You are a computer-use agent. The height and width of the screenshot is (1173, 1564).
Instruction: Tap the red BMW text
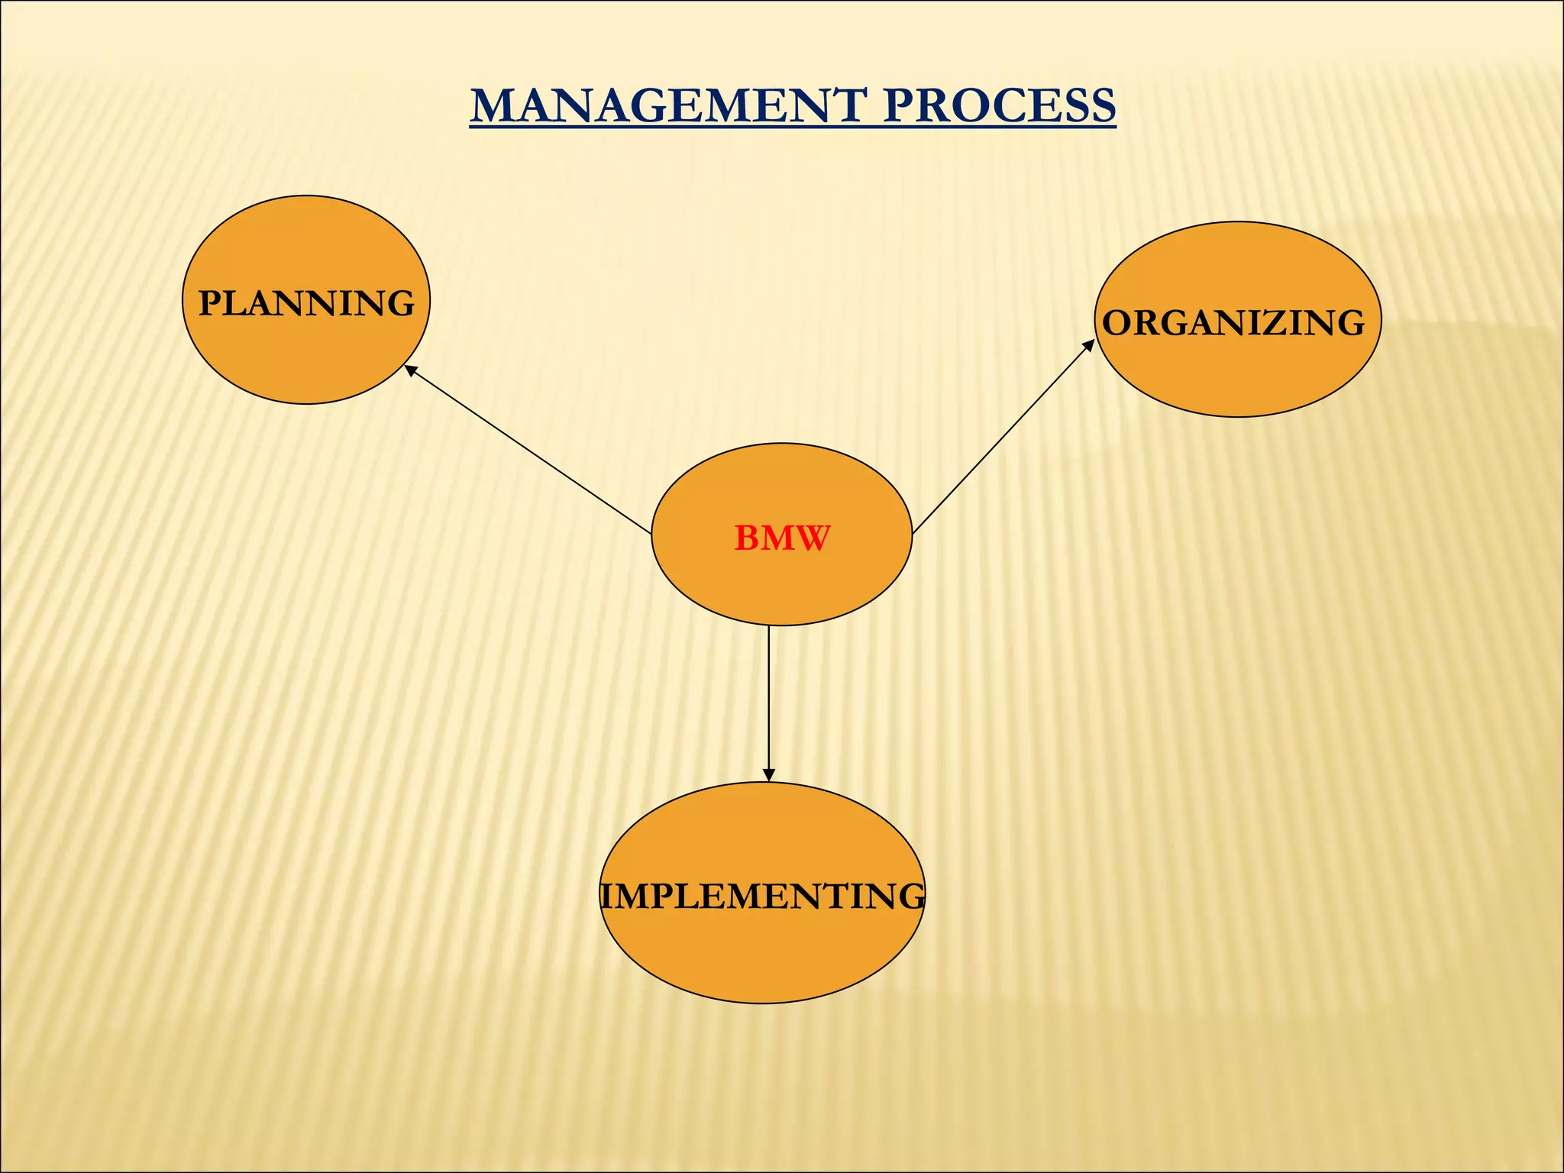click(x=781, y=538)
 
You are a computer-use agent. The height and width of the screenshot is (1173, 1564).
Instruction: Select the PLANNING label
click(x=306, y=303)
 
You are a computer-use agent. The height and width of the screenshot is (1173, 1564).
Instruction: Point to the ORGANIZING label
click(x=1233, y=322)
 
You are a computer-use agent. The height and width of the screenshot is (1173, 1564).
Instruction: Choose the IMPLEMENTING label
click(x=762, y=896)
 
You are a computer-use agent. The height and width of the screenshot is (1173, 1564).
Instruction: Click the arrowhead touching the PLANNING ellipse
click(x=410, y=370)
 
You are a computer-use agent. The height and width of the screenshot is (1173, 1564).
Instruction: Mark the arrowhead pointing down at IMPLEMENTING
click(x=768, y=774)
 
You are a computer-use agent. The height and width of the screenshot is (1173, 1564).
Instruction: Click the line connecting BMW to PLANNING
click(x=527, y=451)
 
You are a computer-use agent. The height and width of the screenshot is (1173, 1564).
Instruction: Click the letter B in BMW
click(x=746, y=538)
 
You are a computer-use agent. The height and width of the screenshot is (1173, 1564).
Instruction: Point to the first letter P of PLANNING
click(x=210, y=303)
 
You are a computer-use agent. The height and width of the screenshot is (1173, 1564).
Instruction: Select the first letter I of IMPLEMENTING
click(x=607, y=896)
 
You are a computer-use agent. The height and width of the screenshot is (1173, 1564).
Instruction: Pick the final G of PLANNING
click(x=401, y=303)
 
